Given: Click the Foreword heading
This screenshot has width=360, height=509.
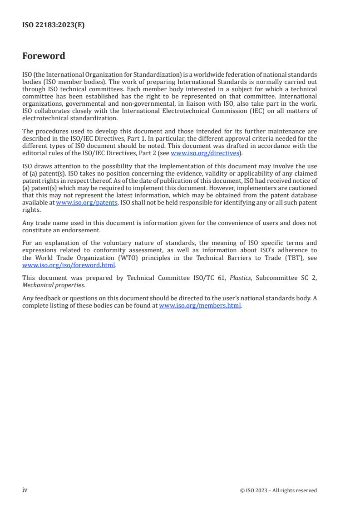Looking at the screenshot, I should pos(44,56).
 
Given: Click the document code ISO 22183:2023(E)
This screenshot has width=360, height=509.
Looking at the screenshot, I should pos(53,25).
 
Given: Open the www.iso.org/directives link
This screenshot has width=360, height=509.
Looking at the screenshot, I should pos(204,153).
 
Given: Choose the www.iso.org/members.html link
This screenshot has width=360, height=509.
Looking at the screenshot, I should pos(200,305).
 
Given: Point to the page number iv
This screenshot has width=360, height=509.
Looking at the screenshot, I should pos(25,490).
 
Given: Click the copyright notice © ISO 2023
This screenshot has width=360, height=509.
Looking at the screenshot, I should pos(278,490).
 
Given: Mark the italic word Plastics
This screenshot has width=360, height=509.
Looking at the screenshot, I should pos(240,278).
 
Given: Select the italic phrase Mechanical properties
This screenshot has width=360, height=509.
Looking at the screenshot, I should pos(53,285).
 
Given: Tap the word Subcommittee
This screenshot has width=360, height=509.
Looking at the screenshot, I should pos(275,278).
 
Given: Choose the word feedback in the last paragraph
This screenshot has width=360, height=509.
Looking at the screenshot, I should pos(46,298).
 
